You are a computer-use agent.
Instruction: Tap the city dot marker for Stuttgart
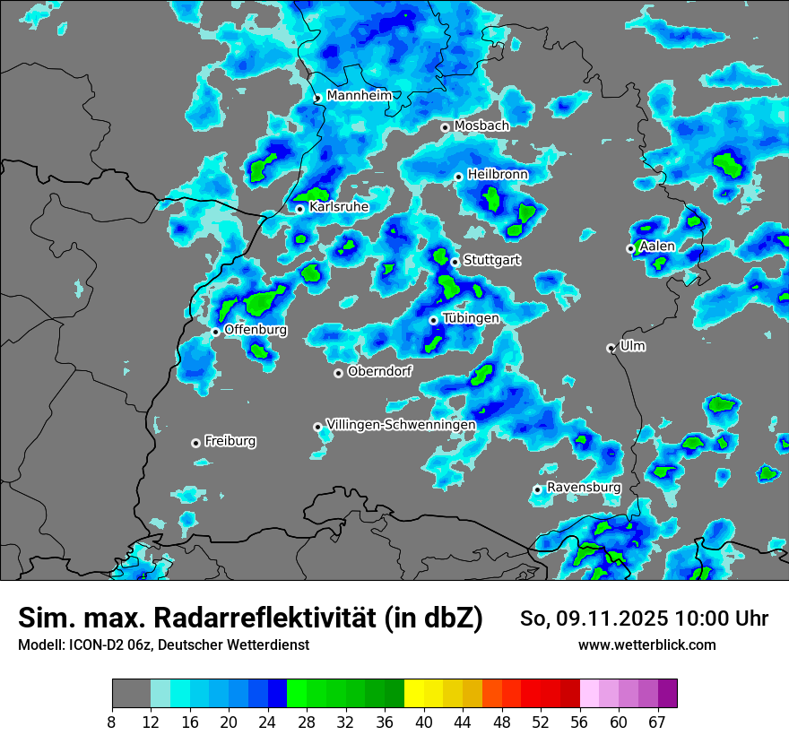pos(455,262)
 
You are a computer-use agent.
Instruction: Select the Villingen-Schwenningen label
pos(401,425)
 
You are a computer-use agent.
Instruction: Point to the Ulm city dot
pos(611,348)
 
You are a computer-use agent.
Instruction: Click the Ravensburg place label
pos(584,488)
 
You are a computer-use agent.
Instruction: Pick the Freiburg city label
pos(230,441)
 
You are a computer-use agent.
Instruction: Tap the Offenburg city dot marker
pos(216,332)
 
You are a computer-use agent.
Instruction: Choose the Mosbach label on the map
pos(481,126)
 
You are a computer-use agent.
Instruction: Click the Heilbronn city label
pos(498,175)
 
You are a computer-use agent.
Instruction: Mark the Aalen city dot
pos(631,248)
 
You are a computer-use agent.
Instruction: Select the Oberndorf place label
pos(380,371)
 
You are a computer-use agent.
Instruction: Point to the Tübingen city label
pos(471,318)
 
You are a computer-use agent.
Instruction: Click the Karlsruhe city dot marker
pos(300,209)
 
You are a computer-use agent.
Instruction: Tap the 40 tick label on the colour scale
pos(424,721)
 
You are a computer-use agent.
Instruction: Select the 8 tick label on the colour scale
pos(112,721)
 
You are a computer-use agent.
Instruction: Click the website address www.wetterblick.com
pos(647,645)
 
